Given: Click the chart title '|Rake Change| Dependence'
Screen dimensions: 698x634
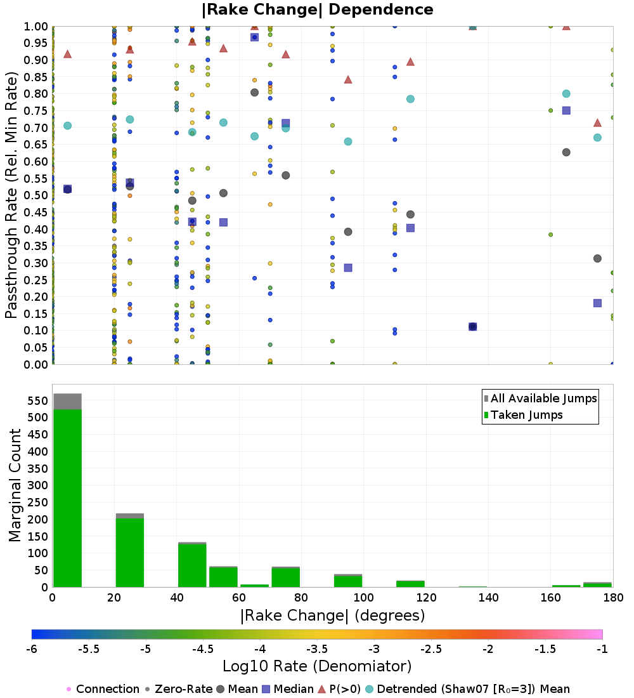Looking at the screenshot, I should pyautogui.click(x=317, y=10).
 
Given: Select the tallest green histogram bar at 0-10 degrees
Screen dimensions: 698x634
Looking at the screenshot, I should pyautogui.click(x=67, y=498).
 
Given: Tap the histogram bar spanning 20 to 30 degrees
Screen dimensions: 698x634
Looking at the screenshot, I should pyautogui.click(x=129, y=552).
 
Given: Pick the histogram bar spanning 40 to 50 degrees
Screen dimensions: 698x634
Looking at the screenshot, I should pyautogui.click(x=192, y=565).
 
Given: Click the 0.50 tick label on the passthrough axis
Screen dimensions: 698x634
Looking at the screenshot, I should pyautogui.click(x=37, y=195).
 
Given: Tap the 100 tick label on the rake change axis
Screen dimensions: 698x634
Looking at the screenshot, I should pyautogui.click(x=363, y=598).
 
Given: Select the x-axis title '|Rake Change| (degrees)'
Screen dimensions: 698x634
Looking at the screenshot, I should pyautogui.click(x=332, y=616).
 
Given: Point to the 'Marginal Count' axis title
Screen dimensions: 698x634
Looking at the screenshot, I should pyautogui.click(x=15, y=485).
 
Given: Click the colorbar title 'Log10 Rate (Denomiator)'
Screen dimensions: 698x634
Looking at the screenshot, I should pyautogui.click(x=317, y=666).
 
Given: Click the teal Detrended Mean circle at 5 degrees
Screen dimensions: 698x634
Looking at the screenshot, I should pyautogui.click(x=68, y=126).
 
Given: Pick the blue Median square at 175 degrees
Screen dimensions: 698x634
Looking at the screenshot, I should pyautogui.click(x=597, y=303).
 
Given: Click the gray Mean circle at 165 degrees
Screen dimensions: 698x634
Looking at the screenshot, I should pyautogui.click(x=566, y=152).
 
